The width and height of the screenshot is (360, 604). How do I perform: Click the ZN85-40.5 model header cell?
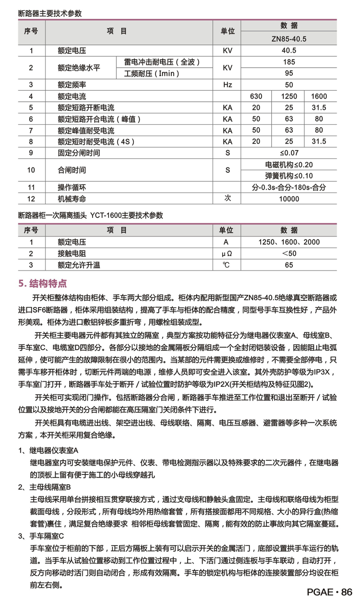click(288, 38)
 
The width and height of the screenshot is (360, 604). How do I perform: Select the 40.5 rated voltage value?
click(289, 50)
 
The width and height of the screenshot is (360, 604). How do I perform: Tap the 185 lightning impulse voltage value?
click(289, 62)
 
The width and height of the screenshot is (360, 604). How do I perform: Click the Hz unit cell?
click(228, 85)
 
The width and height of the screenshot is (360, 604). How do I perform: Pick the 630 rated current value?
click(256, 96)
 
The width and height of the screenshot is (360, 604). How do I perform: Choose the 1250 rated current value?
click(288, 96)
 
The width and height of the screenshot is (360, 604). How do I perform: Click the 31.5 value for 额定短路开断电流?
click(319, 107)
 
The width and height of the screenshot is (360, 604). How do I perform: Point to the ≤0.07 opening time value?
click(289, 153)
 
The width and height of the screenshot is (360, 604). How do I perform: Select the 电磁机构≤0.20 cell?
click(289, 165)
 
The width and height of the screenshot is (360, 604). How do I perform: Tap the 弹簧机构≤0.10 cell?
click(289, 176)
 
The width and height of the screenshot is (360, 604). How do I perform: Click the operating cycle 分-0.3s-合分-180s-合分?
click(289, 187)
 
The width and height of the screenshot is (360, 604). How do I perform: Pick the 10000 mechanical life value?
click(289, 199)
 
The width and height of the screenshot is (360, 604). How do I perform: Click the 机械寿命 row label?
click(72, 199)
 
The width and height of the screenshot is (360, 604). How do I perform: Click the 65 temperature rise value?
click(289, 265)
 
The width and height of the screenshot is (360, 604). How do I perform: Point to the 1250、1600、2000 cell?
click(289, 242)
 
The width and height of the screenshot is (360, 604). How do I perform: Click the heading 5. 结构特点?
click(43, 284)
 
